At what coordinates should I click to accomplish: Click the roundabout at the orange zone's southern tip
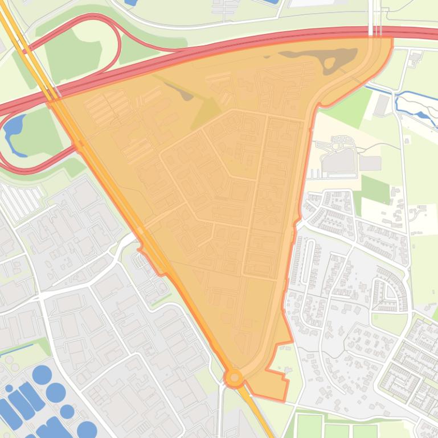234,377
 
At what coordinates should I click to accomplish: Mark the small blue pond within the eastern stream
422,114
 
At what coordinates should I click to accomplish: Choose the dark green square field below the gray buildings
375,189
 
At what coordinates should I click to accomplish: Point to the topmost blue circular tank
42,374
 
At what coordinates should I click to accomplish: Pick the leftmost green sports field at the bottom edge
309,427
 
